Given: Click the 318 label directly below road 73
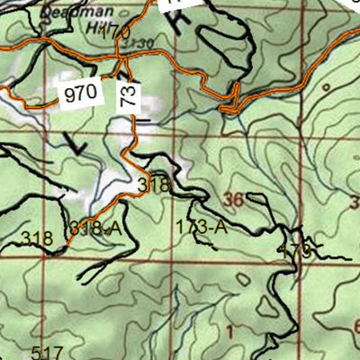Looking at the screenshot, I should coord(153,184).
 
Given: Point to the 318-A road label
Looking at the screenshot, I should coord(94,227).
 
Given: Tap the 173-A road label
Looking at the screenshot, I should coord(201,227).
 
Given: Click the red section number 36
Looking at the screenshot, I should coord(234,199).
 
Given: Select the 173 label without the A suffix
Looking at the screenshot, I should coord(297,249).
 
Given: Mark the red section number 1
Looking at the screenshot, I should coord(229,333).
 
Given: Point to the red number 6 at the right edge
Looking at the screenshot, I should coord(355,325).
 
